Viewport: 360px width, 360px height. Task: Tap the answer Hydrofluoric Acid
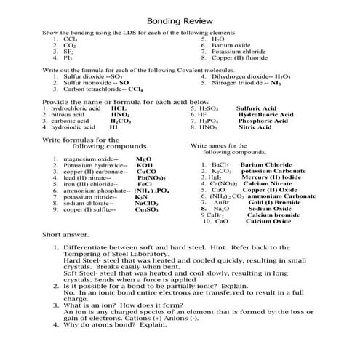click(x=265, y=114)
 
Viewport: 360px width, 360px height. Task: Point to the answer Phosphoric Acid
click(x=263, y=121)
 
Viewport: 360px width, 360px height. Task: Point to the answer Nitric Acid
click(x=254, y=127)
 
